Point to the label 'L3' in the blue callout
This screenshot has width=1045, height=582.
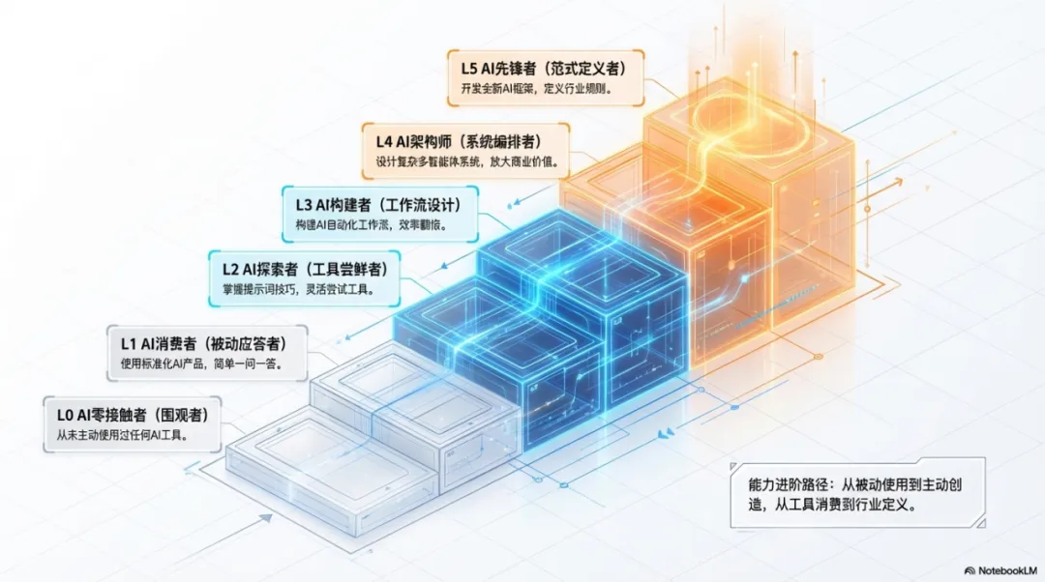coord(301,205)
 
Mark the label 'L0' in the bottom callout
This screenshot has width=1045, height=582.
coord(66,416)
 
